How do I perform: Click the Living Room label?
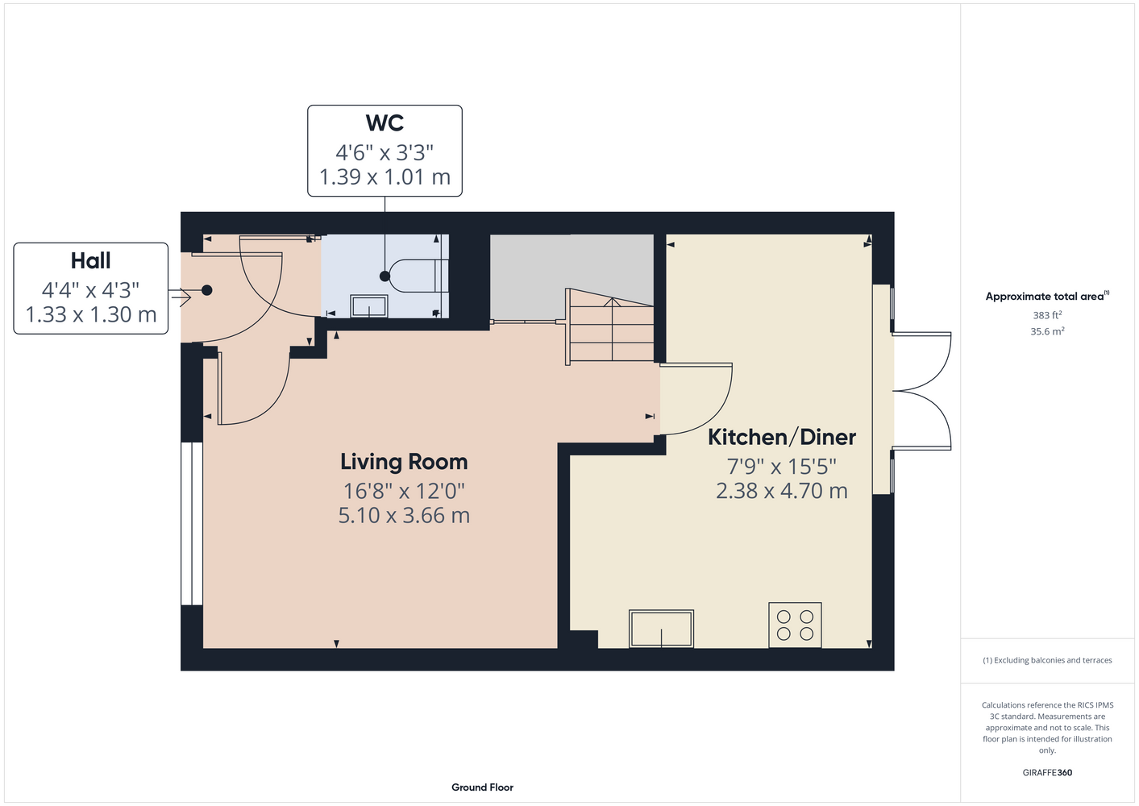point(404,462)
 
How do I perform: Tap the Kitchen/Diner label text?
point(782,437)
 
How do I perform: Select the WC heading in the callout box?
point(385,123)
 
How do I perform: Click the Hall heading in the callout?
point(90,260)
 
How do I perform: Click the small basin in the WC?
point(369,306)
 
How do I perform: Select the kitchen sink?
point(661,629)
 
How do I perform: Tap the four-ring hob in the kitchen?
point(795,625)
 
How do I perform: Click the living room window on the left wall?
point(192,523)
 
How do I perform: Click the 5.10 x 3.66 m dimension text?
point(404,515)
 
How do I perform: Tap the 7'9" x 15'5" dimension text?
point(782,467)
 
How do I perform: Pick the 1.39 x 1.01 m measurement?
point(385,177)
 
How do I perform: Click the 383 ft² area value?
point(1047,315)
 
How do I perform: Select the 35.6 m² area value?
point(1047,331)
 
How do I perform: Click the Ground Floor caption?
point(482,787)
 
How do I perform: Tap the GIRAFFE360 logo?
point(1047,772)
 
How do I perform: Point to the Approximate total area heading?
point(1047,296)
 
